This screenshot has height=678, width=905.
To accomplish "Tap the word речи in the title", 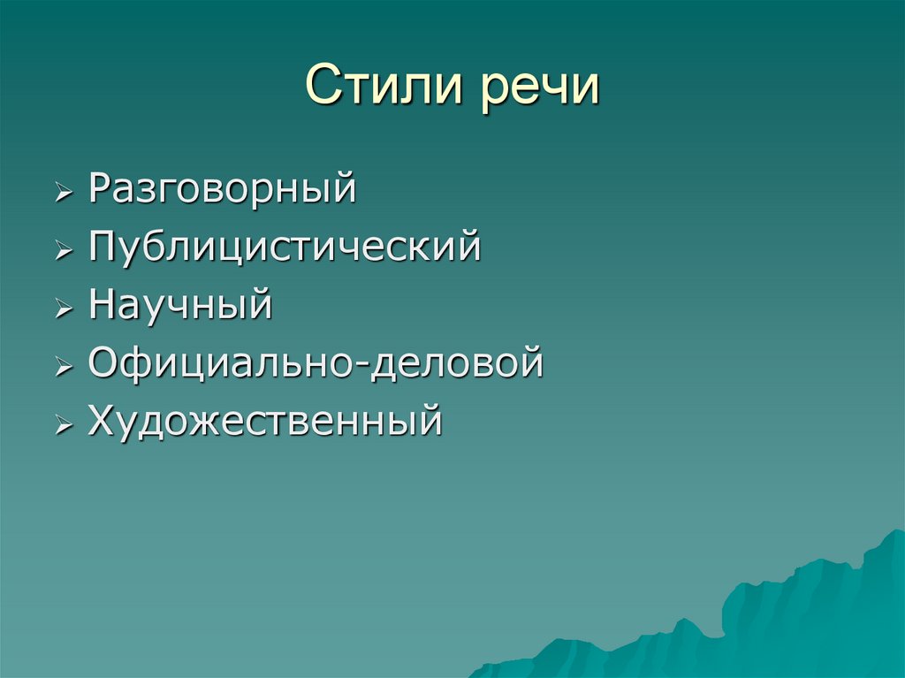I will [x=540, y=88].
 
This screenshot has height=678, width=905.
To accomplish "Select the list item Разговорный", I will [x=223, y=190].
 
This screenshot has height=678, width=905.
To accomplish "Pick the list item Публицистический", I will [x=285, y=248].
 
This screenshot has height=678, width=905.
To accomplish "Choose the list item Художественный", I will [x=264, y=421].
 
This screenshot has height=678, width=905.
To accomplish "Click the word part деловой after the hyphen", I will [x=458, y=362].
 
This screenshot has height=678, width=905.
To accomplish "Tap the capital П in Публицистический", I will [x=102, y=247].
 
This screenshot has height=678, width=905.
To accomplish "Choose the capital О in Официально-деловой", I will [x=103, y=362].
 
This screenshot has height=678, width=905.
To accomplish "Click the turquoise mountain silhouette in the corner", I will [x=795, y=619].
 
